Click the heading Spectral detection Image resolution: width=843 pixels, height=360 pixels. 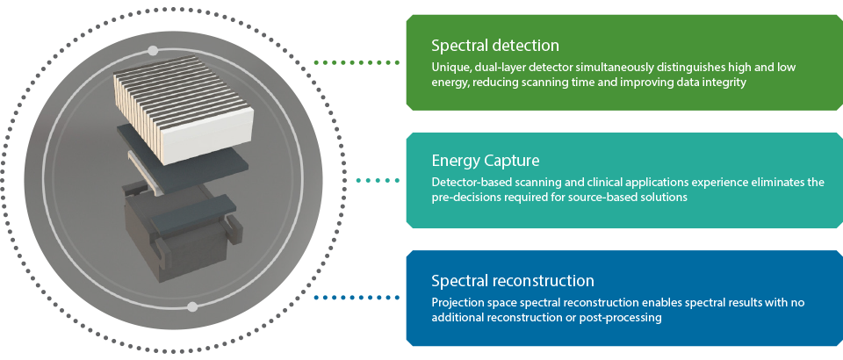(495, 46)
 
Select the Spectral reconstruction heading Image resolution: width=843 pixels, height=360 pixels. (513, 281)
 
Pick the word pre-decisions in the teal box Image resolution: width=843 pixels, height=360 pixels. (465, 198)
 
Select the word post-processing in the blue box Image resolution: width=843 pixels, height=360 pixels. (626, 317)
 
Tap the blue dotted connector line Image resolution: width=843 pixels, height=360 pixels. (360, 298)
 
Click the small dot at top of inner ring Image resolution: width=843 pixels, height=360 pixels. (153, 50)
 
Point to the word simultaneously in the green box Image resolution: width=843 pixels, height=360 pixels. (627, 68)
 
